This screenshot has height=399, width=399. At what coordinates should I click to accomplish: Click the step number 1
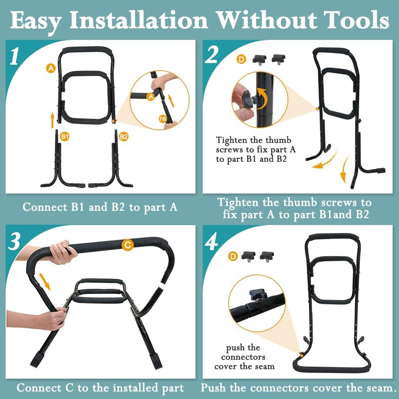[14, 56]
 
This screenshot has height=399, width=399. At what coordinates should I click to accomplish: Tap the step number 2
[211, 55]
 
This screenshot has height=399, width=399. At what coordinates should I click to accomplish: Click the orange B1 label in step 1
[65, 136]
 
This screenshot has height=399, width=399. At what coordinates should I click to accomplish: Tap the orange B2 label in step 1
[124, 136]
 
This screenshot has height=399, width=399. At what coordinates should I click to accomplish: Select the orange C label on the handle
[127, 245]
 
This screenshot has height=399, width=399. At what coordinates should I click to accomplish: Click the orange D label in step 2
[241, 59]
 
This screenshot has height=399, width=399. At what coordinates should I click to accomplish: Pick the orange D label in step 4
[233, 256]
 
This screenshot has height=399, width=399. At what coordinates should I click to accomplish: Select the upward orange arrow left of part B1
[52, 119]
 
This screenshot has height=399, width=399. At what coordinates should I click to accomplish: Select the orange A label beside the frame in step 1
[51, 68]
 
